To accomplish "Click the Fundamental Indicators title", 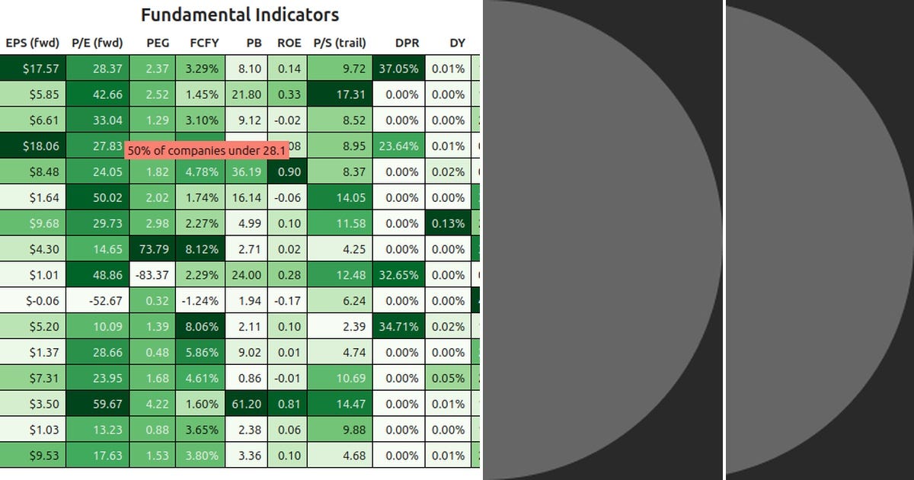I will [x=240, y=14].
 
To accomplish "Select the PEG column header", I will [x=158, y=43].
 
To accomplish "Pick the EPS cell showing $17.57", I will [x=33, y=69].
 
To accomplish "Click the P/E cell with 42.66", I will [x=97, y=94].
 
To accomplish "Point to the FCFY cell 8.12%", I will [x=200, y=249].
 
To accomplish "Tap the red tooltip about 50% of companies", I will [x=206, y=151].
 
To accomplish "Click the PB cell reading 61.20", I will [x=247, y=404].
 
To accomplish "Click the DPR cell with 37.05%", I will [x=399, y=69].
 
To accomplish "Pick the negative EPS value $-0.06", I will [x=33, y=301].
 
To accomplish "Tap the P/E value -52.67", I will [x=97, y=301].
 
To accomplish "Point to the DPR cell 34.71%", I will [x=399, y=327].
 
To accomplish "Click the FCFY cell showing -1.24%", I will [x=200, y=301].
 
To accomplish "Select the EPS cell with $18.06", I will [x=33, y=146].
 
